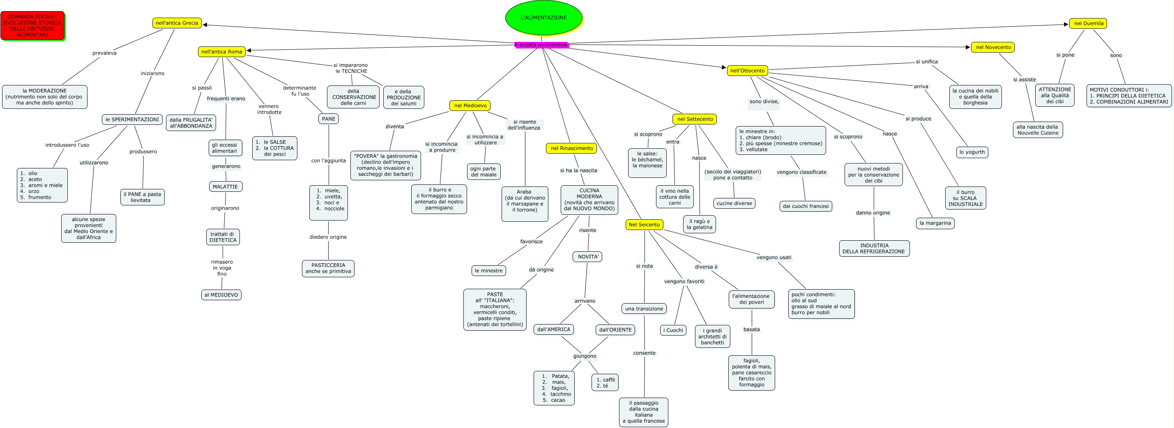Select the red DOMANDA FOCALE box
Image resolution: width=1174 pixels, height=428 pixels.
pyautogui.click(x=32, y=25)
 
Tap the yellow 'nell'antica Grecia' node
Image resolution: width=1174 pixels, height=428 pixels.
pyautogui.click(x=177, y=23)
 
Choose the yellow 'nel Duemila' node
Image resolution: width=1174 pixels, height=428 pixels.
pyautogui.click(x=1088, y=23)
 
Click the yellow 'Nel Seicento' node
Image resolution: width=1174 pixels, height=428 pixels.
pyautogui.click(x=644, y=225)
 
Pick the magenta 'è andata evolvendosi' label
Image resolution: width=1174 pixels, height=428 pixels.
pyautogui.click(x=541, y=45)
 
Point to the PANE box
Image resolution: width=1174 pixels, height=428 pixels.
pyautogui.click(x=328, y=119)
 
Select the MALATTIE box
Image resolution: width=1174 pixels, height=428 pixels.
pyautogui.click(x=225, y=186)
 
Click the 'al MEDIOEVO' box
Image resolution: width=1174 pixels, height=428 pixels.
pyautogui.click(x=221, y=295)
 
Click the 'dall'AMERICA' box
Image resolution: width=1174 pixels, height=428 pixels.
pyautogui.click(x=553, y=329)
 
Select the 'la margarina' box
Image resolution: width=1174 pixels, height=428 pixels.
pyautogui.click(x=935, y=223)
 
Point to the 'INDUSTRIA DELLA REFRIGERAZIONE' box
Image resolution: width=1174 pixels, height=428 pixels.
pyautogui.click(x=874, y=249)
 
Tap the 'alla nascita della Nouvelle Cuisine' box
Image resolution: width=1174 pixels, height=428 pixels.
pyautogui.click(x=1038, y=130)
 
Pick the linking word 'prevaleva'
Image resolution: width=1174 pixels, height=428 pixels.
pyautogui.click(x=104, y=53)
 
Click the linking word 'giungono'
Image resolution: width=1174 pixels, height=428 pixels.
pyautogui.click(x=584, y=356)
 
